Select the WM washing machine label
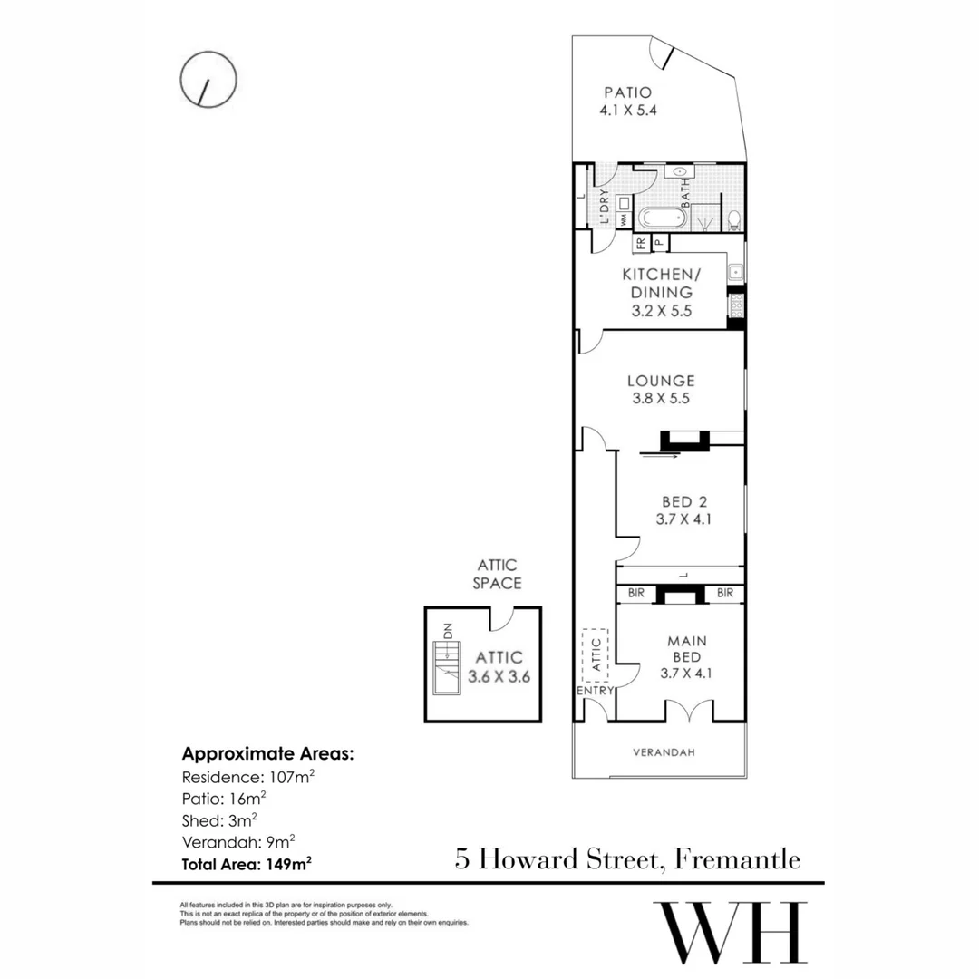point(625,219)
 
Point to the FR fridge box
point(640,243)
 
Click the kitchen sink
point(736,271)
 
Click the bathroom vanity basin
point(678,172)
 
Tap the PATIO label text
point(628,92)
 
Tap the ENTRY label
point(595,691)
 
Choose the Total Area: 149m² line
point(247,864)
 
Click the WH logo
point(731,934)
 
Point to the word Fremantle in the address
point(737,858)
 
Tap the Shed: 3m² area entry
point(222,820)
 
